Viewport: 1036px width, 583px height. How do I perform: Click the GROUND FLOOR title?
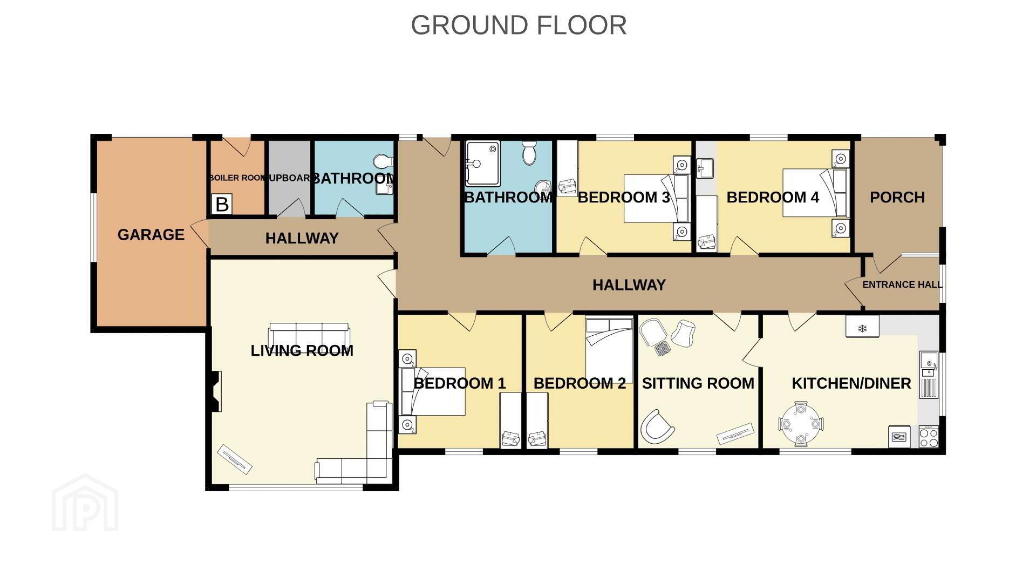(x=519, y=25)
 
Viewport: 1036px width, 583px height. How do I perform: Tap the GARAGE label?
(x=151, y=235)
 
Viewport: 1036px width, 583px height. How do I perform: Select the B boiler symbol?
(x=222, y=205)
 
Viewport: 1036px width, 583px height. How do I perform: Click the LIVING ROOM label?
(x=302, y=351)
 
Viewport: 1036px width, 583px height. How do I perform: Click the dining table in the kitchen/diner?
(x=801, y=424)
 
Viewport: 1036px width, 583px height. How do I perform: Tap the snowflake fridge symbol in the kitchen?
(x=862, y=327)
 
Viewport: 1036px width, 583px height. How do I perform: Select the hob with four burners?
(x=929, y=437)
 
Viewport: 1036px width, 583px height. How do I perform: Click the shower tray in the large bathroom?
(x=483, y=164)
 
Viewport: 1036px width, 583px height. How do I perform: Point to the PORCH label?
(x=897, y=198)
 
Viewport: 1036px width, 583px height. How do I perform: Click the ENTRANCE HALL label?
(x=902, y=284)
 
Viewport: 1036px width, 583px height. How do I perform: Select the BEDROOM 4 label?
(x=773, y=198)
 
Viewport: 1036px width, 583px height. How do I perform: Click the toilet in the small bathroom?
(x=383, y=162)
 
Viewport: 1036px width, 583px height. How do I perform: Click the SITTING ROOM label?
(x=698, y=383)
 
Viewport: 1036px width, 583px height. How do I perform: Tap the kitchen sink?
(x=929, y=364)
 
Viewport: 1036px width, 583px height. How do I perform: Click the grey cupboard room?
(x=290, y=178)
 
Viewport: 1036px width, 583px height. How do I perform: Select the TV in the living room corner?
(x=235, y=458)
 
